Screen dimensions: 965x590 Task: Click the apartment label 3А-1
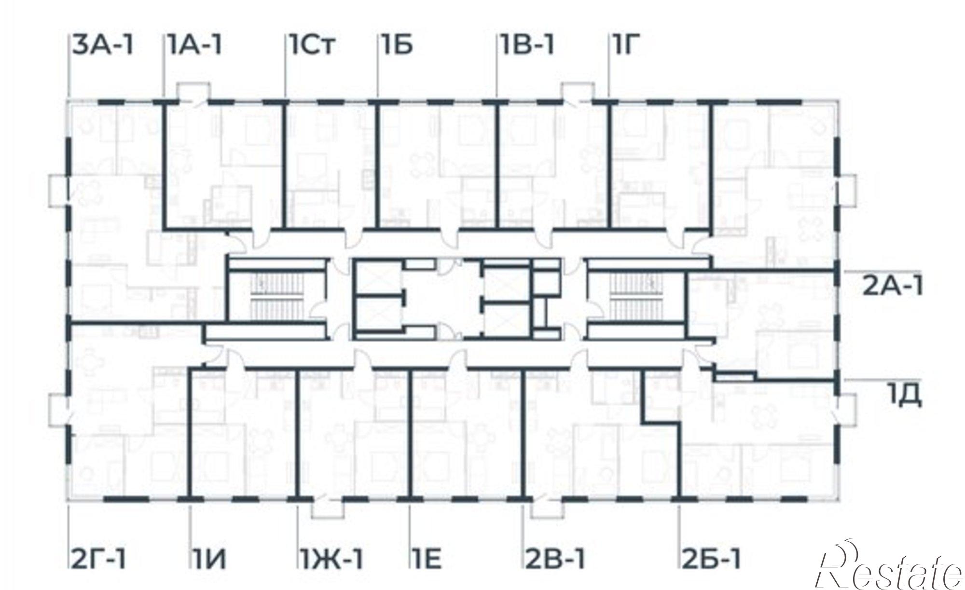point(103,46)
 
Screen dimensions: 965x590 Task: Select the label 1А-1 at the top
point(195,46)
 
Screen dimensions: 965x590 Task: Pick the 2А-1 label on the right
point(893,287)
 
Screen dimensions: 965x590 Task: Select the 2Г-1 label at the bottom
point(99,558)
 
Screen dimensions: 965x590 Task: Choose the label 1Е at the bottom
point(427,558)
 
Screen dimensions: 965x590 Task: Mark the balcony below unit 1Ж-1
point(330,509)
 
